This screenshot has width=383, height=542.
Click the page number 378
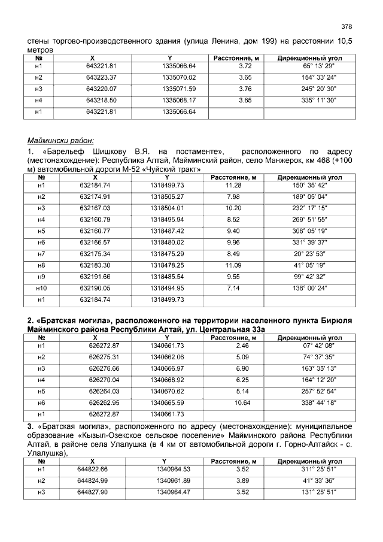(x=346, y=26)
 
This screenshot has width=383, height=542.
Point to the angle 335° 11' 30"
(x=319, y=100)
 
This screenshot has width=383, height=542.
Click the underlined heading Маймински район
(x=60, y=141)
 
